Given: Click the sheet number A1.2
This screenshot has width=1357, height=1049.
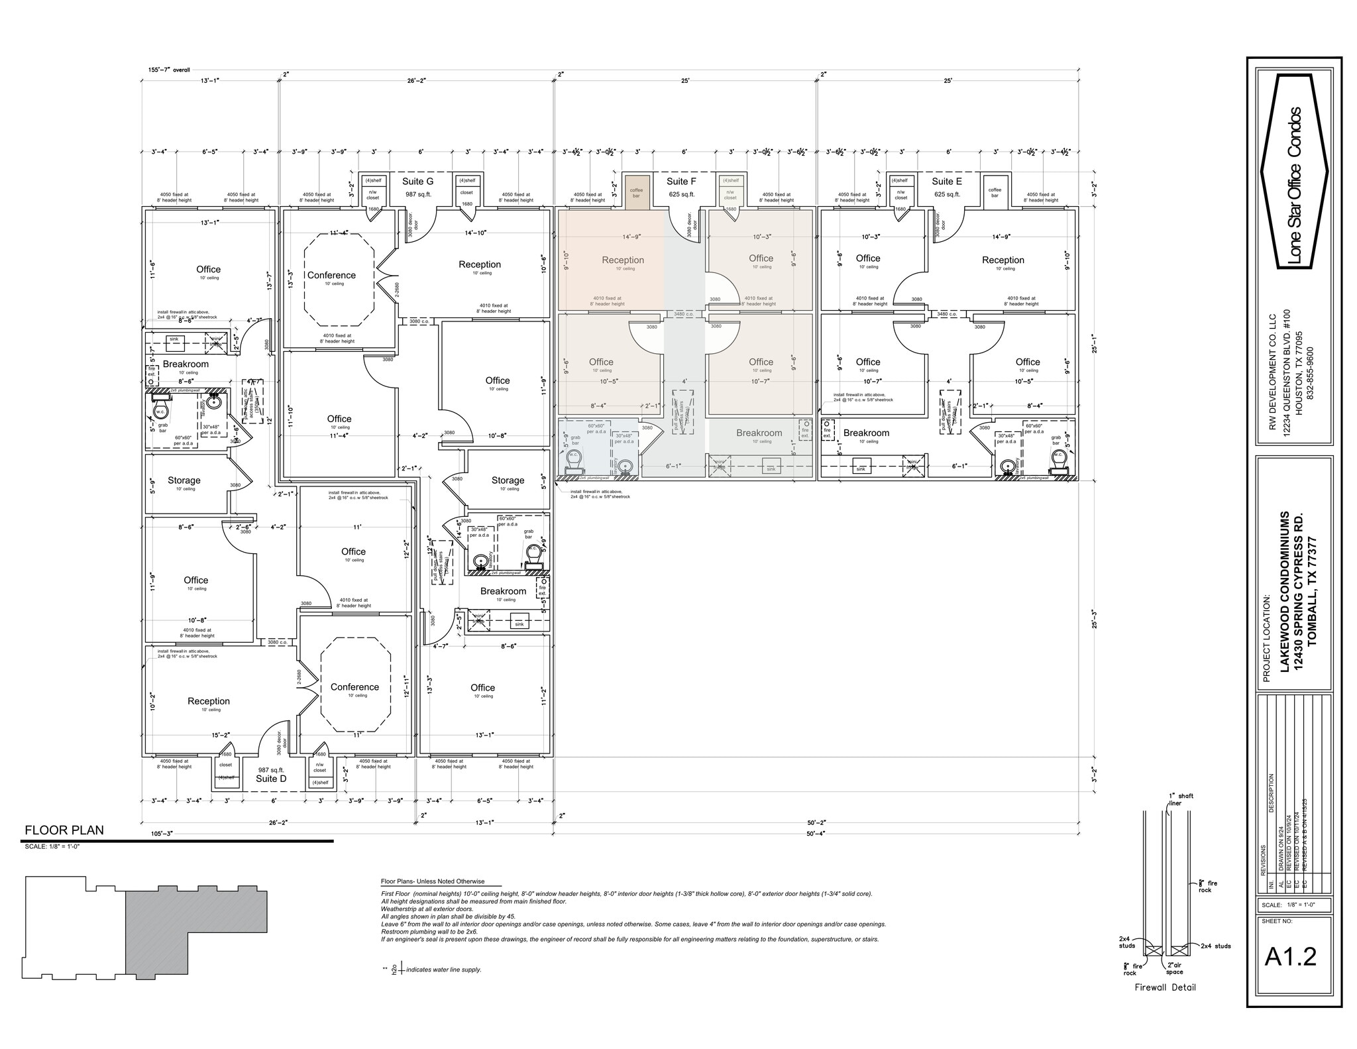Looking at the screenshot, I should coord(1290,956).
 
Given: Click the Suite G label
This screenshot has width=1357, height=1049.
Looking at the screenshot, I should coord(417,182).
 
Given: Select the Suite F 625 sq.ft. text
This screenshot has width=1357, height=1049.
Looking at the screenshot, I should coord(681,194).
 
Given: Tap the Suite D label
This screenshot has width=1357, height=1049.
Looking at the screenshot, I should coord(271,779).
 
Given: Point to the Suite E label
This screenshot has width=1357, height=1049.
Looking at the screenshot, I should coord(947,182).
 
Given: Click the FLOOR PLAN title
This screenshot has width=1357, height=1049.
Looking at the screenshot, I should coord(64,830).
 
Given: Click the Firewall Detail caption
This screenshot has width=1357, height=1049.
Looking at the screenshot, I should coord(1165,987).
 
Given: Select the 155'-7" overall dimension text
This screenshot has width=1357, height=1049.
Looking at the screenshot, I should coord(169,70).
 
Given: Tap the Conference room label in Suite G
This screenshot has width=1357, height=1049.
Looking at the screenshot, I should coord(331,275).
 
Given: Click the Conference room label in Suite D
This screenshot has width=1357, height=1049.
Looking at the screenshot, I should coord(354,687).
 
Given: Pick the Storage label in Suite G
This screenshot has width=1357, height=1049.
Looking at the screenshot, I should coord(508,480).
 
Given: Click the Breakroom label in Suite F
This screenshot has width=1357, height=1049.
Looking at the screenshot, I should coord(759,433).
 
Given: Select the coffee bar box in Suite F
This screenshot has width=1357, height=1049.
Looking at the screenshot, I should coord(636,193).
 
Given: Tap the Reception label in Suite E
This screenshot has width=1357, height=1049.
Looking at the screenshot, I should coord(1003,260).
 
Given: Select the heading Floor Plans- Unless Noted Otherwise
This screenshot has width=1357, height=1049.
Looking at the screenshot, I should coord(432,881).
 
